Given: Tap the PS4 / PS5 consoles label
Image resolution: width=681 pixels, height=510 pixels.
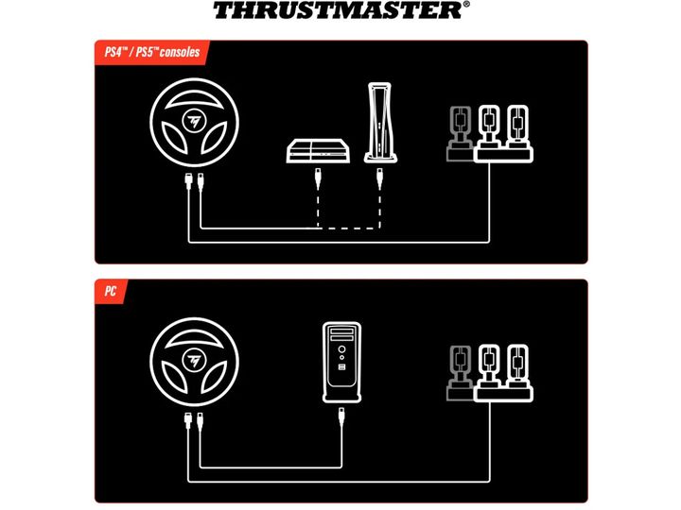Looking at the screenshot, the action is click(152, 52).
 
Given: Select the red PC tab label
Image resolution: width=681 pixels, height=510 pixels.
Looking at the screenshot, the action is click(111, 291).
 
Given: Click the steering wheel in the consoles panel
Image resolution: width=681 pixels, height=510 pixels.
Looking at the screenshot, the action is click(194, 122).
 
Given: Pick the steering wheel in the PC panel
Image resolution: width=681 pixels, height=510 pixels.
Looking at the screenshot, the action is click(194, 362).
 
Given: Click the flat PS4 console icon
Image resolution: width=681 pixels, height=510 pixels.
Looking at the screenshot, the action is click(319, 151).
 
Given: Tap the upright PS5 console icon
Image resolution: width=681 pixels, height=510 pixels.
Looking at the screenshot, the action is click(380, 123).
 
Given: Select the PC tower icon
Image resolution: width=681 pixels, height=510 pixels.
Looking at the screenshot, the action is click(341, 362).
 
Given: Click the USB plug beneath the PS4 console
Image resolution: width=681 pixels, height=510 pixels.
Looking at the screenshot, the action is click(318, 178).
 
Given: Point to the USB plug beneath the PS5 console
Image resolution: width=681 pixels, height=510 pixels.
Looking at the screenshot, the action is click(380, 178).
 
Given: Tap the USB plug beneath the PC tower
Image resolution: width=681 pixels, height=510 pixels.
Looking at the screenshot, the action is click(341, 417).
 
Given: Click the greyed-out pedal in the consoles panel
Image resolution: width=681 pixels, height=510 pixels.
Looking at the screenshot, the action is click(460, 133).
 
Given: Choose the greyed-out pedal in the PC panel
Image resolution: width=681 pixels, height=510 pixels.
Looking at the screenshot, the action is click(460, 373).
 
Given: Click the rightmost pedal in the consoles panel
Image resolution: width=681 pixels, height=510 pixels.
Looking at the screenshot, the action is click(517, 127).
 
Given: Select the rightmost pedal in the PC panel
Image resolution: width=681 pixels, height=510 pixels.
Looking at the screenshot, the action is click(517, 366).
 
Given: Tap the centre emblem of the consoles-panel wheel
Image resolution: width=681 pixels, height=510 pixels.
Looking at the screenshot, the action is click(194, 122).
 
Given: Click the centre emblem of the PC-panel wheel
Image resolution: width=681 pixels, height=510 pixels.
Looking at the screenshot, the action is click(194, 361).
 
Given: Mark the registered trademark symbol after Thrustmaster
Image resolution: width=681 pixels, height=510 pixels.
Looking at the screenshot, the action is click(466, 5).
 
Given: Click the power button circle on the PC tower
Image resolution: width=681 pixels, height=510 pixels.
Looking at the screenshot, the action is click(341, 349).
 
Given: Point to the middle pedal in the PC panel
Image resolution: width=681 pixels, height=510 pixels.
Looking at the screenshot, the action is click(489, 366).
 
